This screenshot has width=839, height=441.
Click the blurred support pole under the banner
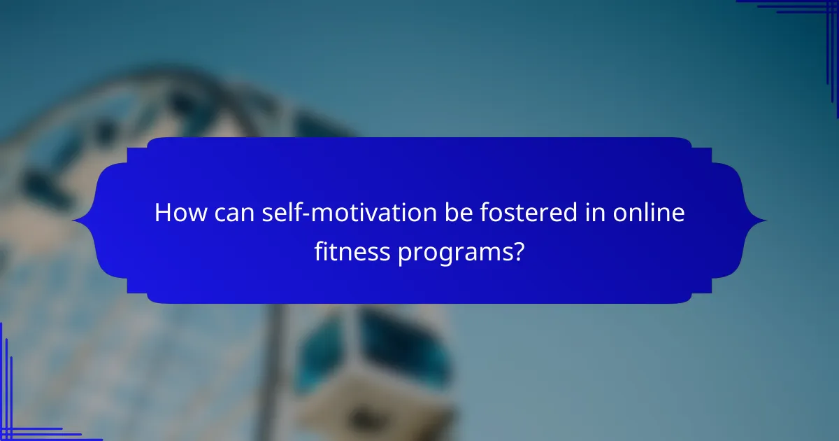click(273, 371)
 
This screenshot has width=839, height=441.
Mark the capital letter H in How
click(162, 213)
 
